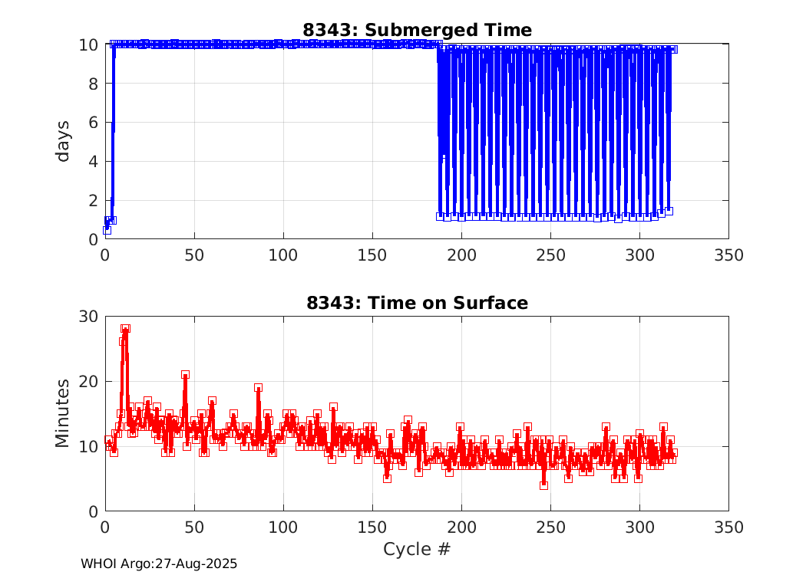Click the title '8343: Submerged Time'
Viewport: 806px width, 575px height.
pos(417,30)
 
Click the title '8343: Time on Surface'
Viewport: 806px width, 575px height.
pos(417,303)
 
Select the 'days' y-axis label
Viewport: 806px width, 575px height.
pos(63,141)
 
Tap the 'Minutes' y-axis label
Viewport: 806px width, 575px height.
pos(63,413)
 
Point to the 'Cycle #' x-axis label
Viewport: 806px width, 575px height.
pos(417,549)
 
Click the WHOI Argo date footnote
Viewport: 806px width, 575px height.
pos(159,563)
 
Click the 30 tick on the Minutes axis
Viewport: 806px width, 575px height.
pos(88,317)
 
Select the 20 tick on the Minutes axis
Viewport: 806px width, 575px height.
pos(88,381)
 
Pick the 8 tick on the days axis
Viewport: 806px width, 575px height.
pos(93,84)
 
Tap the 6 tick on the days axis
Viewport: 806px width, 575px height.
pos(93,123)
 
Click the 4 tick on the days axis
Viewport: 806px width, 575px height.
pos(93,161)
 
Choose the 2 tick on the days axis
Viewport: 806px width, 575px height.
pos(93,200)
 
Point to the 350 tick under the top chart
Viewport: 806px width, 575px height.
pos(728,255)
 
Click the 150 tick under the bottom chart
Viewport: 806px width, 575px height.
pos(372,527)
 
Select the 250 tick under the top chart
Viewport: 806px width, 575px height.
pos(550,255)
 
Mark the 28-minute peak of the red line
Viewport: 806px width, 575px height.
pos(125,328)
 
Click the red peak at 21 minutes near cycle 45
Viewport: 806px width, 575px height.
pos(185,375)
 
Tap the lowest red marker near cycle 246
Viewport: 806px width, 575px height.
pos(543,485)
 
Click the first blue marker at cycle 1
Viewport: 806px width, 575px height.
pos(107,230)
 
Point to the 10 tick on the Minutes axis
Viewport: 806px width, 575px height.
pos(88,446)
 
